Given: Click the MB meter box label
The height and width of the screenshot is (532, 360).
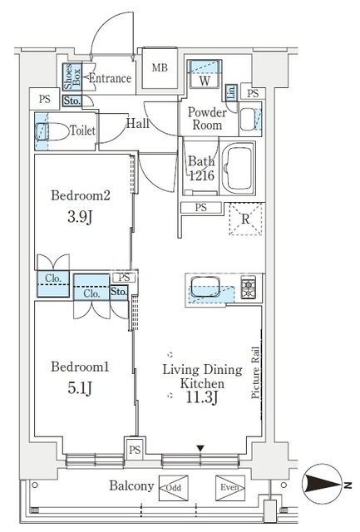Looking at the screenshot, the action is coord(160,68).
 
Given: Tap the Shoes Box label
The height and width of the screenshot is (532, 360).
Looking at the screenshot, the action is coord(72,76).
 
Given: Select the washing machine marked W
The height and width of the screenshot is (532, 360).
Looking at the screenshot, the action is coord(205,74).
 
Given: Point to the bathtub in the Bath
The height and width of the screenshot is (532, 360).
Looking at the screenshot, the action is coord(238,168).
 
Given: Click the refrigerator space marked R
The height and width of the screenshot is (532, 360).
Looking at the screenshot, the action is coord(245,219).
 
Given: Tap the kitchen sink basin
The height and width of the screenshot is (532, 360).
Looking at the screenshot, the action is coord(205,287).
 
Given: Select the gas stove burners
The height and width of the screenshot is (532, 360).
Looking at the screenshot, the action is coord(249,288).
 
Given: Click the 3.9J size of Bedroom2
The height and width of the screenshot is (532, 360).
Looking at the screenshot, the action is coord(80,217).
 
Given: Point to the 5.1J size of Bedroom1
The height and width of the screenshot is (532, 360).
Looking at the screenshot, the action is coord(80,388).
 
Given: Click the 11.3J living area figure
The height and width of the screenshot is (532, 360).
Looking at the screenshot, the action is coord(201,397).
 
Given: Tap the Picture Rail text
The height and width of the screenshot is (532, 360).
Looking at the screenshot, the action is coord(255,372).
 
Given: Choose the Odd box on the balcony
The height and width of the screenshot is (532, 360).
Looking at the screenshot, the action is coord(174,488).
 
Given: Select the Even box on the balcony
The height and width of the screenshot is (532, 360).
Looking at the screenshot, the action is coord(230,488).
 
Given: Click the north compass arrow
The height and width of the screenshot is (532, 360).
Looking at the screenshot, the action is coord(323,484).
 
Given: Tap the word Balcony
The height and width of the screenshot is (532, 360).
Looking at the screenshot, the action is coord(131,486).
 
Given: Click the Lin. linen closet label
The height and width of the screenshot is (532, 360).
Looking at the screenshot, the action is coord(231,92).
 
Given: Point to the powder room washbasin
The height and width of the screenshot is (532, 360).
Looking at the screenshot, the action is coord(249,119).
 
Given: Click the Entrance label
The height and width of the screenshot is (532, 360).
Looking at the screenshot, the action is coord(110,78).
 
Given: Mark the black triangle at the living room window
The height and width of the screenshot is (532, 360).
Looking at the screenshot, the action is coord(200,449).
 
